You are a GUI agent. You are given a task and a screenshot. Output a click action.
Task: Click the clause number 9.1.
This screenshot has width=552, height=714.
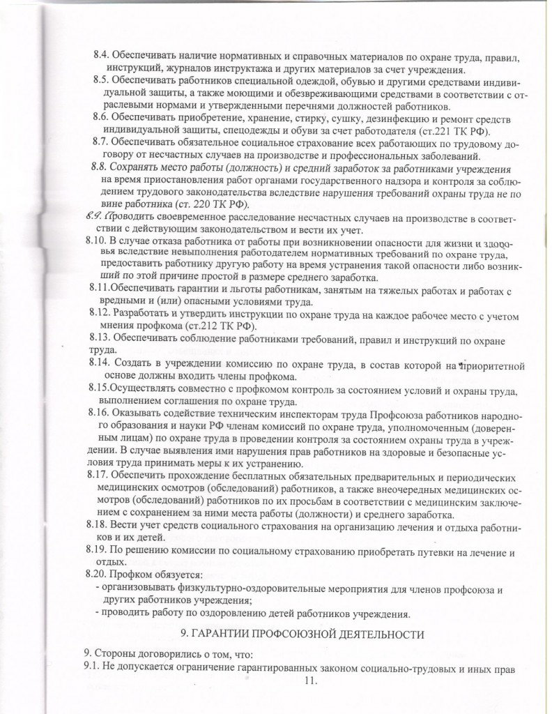click(93, 669)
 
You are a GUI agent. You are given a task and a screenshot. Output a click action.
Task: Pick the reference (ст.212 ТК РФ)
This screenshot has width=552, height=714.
click(222, 327)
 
